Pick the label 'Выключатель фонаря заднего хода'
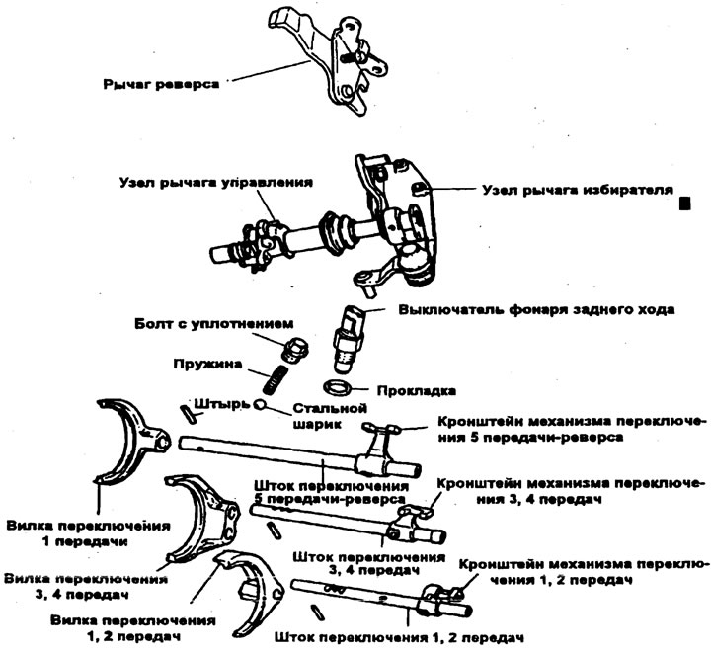[x=536, y=309]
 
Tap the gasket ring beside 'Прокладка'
[x=337, y=385]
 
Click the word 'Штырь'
[x=220, y=402]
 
